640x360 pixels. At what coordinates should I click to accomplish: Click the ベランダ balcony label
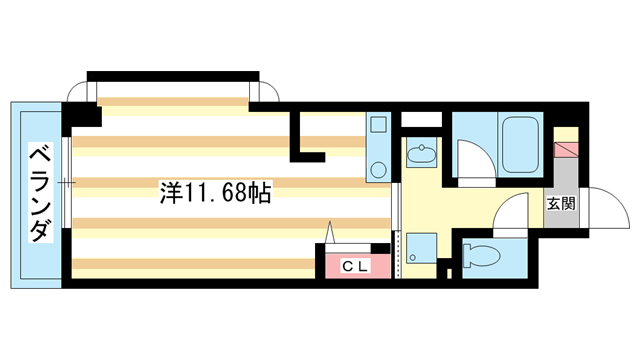[x=39, y=193]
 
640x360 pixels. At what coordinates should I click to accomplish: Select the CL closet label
[x=354, y=266]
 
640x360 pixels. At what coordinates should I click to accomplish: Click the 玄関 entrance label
[x=560, y=205]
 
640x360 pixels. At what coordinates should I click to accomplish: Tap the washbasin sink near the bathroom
[x=421, y=154]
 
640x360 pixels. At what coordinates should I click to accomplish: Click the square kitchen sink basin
[x=378, y=127]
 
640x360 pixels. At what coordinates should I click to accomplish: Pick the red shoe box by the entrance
[x=567, y=152]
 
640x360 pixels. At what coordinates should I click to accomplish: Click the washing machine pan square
[x=421, y=248]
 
